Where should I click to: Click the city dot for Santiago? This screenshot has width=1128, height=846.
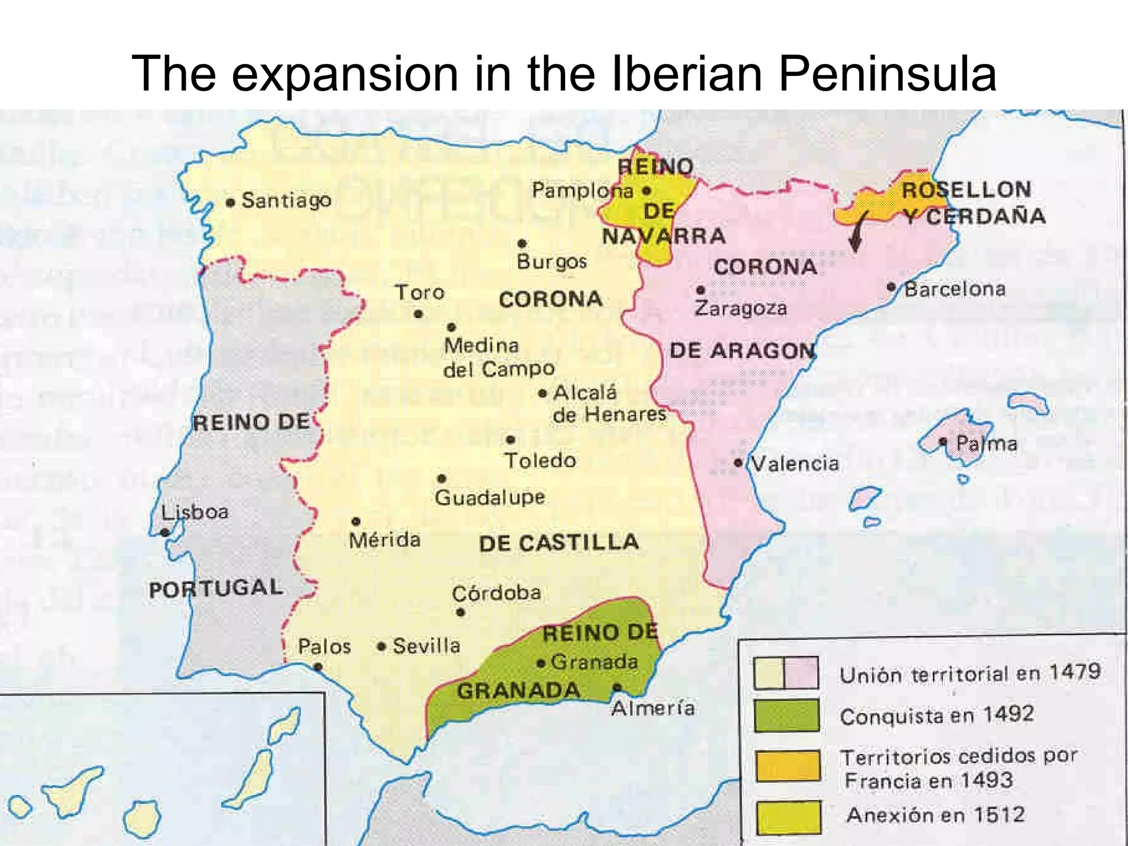(231, 203)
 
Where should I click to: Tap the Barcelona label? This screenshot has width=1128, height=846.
(955, 289)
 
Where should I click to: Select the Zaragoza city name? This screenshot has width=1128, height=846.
(740, 308)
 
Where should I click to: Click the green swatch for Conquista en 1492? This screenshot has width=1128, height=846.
(786, 715)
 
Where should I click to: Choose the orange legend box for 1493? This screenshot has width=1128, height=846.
(788, 766)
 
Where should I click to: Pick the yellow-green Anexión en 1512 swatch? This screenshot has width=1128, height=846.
(788, 817)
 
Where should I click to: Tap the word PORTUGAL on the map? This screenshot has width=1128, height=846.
(216, 588)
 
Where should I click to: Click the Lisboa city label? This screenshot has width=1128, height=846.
(195, 512)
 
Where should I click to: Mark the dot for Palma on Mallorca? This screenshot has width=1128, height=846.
(943, 442)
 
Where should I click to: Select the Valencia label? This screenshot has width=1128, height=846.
(795, 464)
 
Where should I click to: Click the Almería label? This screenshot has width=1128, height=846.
(653, 708)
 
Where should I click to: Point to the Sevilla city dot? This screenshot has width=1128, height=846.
(381, 646)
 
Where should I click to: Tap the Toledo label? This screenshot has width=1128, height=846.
(540, 460)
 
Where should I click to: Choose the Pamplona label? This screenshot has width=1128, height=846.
(582, 191)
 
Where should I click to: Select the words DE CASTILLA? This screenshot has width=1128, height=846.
(558, 543)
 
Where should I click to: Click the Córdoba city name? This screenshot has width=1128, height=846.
(496, 593)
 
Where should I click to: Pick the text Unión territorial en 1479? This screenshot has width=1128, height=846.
(969, 673)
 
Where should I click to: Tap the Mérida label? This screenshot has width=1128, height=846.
(384, 540)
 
